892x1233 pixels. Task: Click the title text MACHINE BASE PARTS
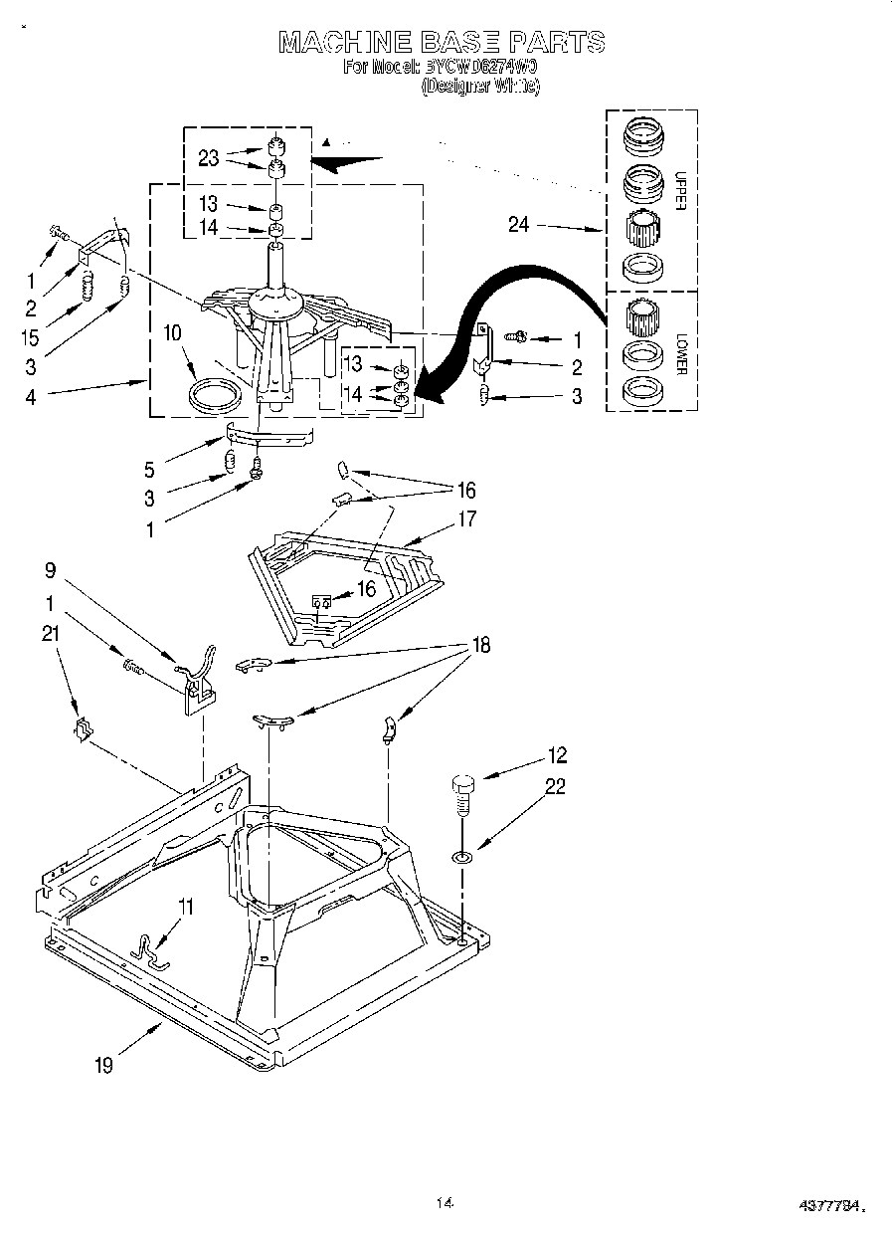coord(441,42)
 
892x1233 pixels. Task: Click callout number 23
coord(208,157)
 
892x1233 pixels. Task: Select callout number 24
coord(519,225)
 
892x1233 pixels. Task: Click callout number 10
coord(171,332)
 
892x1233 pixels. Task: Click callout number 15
coord(31,338)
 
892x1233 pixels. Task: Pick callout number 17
coord(466,519)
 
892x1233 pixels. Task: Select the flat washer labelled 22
coord(462,856)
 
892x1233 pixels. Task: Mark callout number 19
coord(104,1065)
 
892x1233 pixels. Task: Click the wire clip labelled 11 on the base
coord(151,950)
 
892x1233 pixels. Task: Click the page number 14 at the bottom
coord(445,1203)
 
